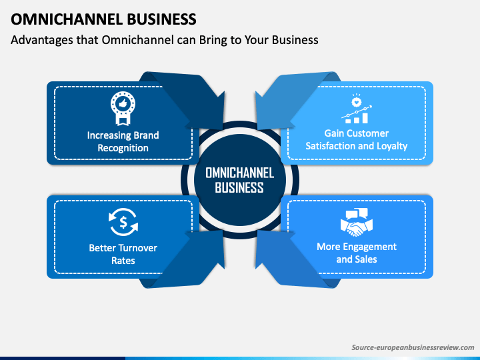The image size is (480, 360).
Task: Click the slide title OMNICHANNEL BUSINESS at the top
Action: tap(103, 19)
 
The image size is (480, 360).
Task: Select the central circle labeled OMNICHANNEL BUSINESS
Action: tap(240, 180)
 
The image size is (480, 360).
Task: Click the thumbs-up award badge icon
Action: tap(123, 109)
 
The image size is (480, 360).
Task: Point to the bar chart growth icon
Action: tap(357, 109)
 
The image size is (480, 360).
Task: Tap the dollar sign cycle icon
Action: tap(123, 222)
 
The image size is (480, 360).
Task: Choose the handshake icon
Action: tap(356, 223)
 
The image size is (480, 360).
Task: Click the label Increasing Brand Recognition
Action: tap(123, 141)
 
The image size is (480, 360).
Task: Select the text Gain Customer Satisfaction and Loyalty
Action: tap(356, 139)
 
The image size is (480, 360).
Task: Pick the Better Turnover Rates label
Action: tap(123, 254)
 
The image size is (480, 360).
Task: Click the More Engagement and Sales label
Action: tap(356, 253)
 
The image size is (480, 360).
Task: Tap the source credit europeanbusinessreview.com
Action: tap(413, 347)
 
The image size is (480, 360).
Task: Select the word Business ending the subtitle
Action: tap(295, 40)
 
